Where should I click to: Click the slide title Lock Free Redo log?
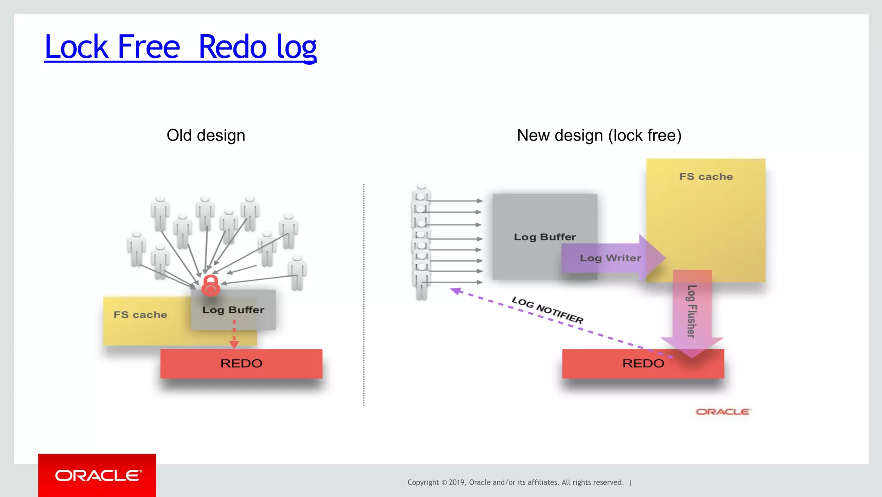180,47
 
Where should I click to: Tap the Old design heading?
206,135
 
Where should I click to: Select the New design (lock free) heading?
599,135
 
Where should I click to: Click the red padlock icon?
211,285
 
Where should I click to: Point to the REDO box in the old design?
241,363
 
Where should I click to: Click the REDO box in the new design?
643,363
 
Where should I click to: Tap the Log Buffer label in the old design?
233,310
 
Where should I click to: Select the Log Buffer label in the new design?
545,237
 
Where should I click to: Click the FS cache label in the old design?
140,315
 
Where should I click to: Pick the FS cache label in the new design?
706,177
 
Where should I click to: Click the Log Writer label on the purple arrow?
610,258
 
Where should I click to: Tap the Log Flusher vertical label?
692,311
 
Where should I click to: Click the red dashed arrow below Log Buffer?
234,334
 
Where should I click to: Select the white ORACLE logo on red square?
97,475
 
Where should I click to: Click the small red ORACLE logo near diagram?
723,412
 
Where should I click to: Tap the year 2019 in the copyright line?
457,482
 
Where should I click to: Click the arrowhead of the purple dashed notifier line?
456,291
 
